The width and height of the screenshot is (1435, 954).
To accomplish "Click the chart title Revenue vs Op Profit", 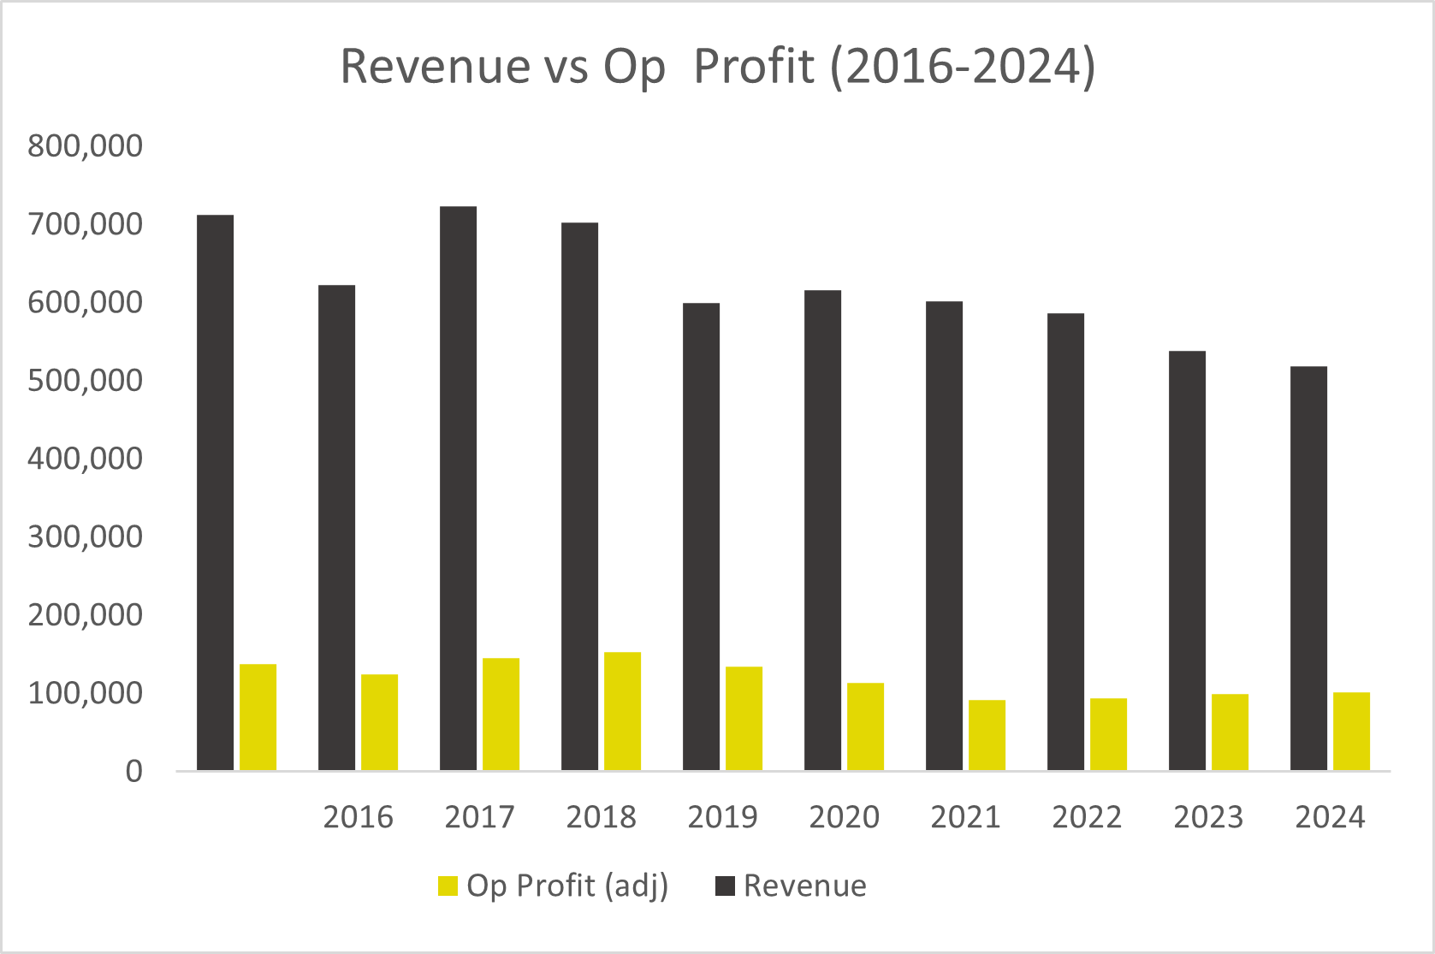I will click(717, 67).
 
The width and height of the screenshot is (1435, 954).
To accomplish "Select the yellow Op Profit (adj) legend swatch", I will click(448, 886).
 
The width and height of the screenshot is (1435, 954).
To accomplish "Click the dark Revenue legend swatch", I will click(725, 886).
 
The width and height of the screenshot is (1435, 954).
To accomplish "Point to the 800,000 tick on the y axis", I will click(85, 146).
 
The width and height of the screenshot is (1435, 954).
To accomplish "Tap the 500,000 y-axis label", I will click(85, 381).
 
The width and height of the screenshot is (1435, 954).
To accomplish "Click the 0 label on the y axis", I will click(133, 772).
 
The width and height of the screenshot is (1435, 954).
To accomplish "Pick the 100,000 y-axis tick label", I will click(85, 694).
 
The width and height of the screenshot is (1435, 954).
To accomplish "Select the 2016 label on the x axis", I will click(358, 818).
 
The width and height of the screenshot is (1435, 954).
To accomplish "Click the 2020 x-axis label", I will click(844, 818).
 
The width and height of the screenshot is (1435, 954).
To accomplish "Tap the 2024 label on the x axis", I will click(1330, 818).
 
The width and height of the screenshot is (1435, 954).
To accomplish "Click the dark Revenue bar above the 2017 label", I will click(458, 488).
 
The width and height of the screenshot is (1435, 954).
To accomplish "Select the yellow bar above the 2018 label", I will click(622, 711).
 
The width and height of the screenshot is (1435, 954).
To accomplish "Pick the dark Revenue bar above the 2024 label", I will click(1308, 568).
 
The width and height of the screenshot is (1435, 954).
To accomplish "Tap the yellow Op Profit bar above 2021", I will click(987, 735).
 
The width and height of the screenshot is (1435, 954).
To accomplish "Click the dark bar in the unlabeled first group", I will click(215, 492).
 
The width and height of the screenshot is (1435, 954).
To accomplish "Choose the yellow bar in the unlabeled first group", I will click(258, 717).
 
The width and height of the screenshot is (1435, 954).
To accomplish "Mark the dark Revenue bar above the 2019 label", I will click(701, 536).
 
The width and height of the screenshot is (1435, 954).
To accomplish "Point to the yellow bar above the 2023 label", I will click(1230, 732).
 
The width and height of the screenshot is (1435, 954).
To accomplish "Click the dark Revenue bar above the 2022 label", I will click(1065, 542).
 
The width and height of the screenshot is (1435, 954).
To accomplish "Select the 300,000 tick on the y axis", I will click(85, 537).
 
